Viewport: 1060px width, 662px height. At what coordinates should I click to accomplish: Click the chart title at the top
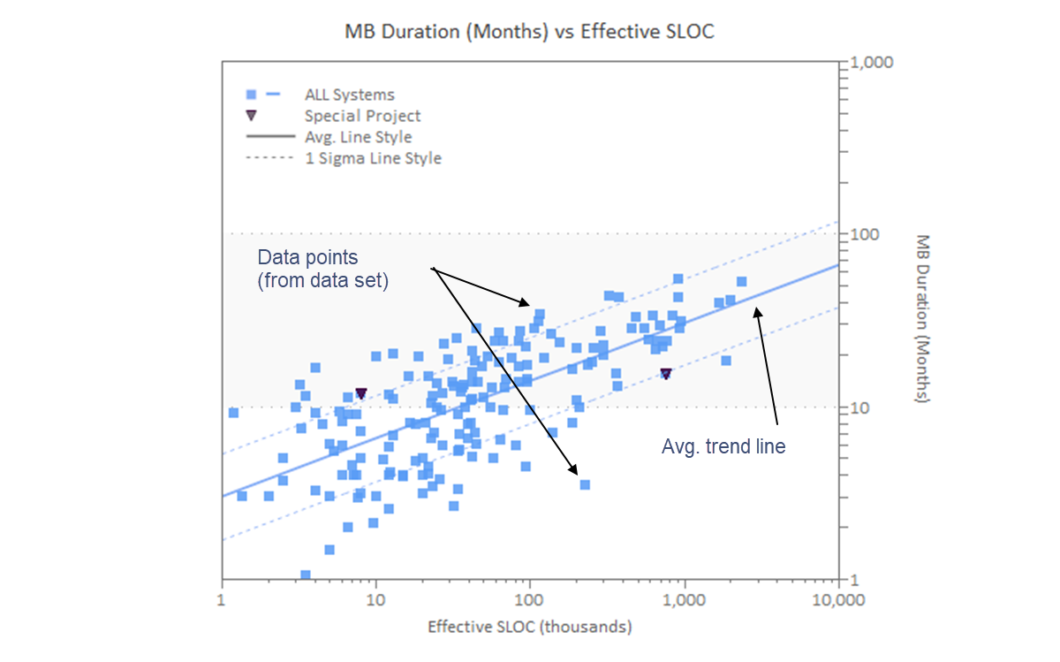[x=529, y=32]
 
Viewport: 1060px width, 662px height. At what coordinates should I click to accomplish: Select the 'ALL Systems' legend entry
[x=349, y=95]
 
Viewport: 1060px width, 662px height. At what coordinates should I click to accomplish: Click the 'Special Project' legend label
[x=362, y=116]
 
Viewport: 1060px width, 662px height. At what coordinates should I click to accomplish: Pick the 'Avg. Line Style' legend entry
[x=358, y=137]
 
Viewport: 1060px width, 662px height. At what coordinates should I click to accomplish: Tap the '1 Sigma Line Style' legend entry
[x=372, y=158]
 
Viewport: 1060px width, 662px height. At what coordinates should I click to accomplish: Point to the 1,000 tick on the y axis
[x=871, y=64]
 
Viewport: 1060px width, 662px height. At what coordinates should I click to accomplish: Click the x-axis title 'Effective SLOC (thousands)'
[x=529, y=627]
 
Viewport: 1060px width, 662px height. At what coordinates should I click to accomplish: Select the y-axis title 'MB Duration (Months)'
[x=922, y=319]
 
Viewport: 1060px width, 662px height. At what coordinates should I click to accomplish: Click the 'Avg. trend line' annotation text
[x=723, y=447]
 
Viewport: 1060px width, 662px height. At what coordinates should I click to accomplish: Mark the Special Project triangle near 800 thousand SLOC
[x=666, y=374]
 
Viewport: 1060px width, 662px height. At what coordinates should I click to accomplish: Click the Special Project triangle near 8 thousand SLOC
[x=360, y=393]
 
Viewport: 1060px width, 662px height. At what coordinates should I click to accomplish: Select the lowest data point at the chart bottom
[x=306, y=575]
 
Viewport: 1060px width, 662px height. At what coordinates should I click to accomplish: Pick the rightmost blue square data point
[x=741, y=282]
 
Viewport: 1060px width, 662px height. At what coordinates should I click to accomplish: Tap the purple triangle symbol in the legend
[x=251, y=116]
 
